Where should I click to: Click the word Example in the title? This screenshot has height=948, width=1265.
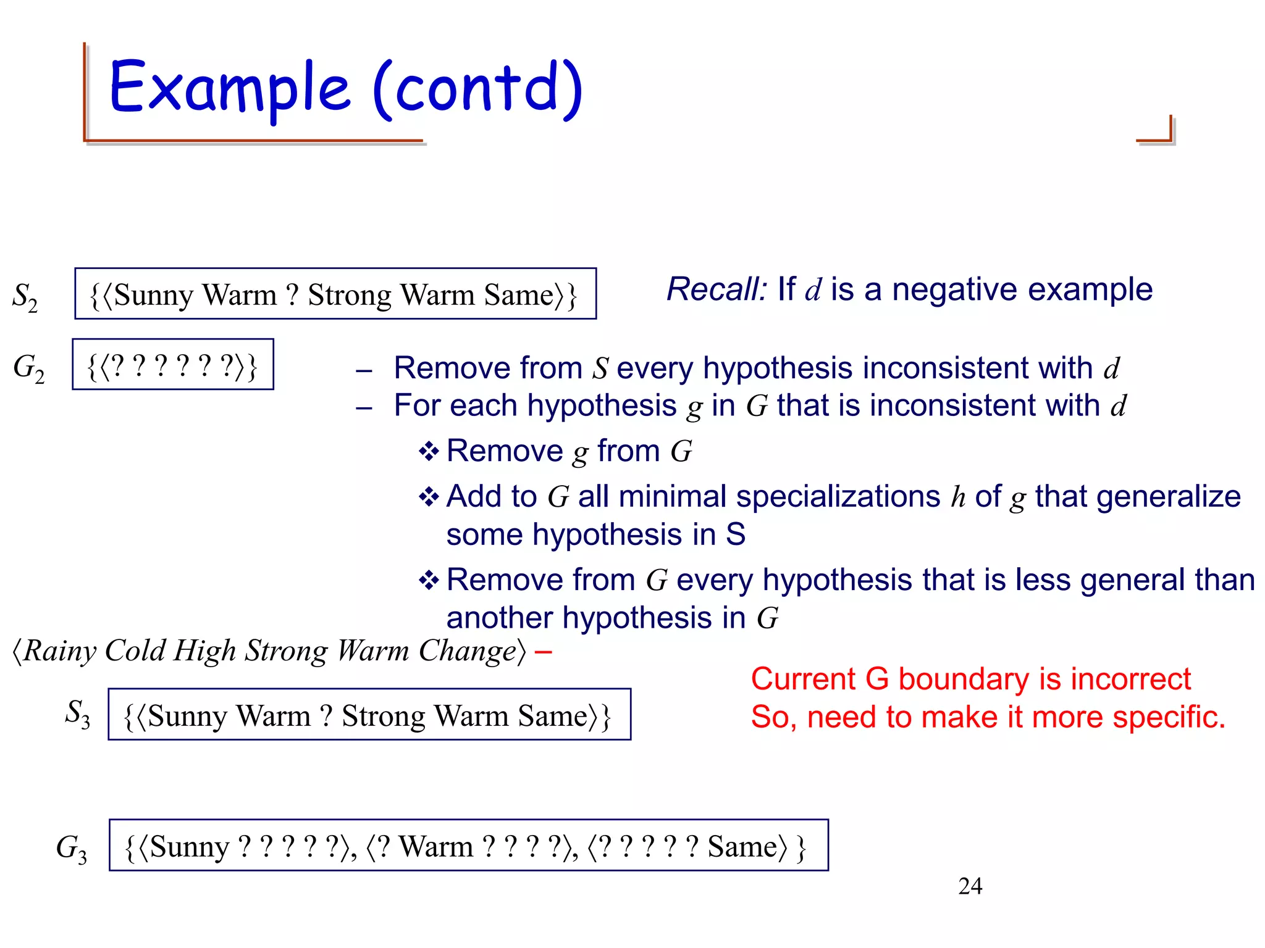pos(229,88)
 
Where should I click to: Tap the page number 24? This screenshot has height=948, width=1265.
pos(970,886)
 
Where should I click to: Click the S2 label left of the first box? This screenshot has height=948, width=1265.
pos(25,297)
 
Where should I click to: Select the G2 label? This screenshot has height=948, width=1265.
pos(28,368)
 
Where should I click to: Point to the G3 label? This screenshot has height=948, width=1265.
pos(71,848)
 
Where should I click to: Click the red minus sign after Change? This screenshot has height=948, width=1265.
pos(543,651)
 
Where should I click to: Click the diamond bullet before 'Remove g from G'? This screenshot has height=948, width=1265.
pos(428,451)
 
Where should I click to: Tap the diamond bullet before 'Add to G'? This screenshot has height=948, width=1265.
pos(428,496)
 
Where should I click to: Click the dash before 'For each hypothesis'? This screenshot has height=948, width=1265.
pos(364,408)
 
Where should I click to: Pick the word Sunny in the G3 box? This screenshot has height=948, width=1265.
pos(190,847)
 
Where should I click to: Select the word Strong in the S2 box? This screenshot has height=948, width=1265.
pos(350,295)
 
